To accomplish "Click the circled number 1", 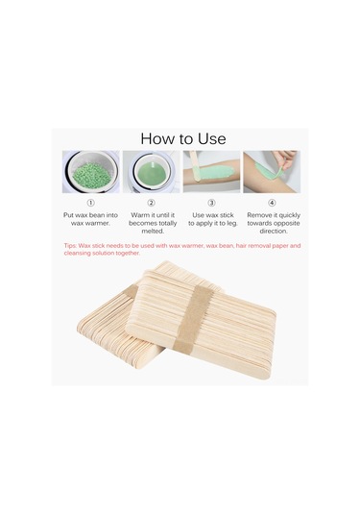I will click(x=91, y=203).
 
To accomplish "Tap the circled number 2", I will click(x=151, y=203).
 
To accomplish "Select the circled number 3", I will click(x=211, y=203).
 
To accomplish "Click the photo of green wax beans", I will click(x=90, y=171).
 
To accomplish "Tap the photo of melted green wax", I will click(x=151, y=171).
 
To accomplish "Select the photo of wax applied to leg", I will click(x=211, y=171).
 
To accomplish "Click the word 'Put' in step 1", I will click(x=69, y=215).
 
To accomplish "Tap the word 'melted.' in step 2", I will click(x=151, y=232).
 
